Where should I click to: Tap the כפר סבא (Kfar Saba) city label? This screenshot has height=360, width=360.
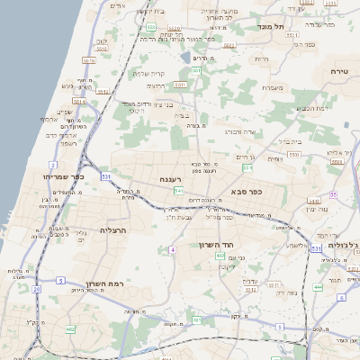[x=247, y=190]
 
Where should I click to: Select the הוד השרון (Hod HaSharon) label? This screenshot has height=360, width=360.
[x=216, y=244]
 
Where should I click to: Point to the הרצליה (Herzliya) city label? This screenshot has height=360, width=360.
[x=112, y=229]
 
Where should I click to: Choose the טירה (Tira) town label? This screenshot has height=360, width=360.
[x=338, y=70]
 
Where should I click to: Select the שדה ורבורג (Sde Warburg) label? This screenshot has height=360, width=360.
[x=240, y=131]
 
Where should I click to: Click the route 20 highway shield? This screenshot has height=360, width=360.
[x=36, y=290]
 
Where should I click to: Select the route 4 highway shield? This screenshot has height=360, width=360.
[x=171, y=249]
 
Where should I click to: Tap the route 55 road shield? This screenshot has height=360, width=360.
[x=332, y=194]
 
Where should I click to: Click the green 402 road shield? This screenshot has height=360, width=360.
[x=219, y=256]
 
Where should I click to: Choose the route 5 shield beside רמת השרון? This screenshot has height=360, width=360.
[x=60, y=282]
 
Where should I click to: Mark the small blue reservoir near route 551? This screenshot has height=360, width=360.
[x=184, y=58]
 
